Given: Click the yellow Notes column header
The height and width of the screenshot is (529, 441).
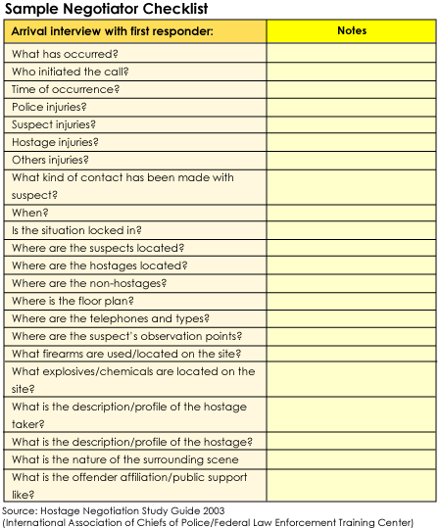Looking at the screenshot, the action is tap(351, 31).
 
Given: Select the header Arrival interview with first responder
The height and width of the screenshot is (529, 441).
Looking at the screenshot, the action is tap(112, 31).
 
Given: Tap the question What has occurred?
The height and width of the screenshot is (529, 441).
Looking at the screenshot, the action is tap(64, 54).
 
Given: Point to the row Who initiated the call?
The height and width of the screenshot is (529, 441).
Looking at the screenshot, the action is tap(70, 72).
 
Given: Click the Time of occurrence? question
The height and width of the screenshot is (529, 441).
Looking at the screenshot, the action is tap(66, 89).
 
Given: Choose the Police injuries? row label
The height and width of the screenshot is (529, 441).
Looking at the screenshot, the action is tap(49, 107).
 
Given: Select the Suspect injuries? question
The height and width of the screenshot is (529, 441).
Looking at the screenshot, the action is tap(53, 124).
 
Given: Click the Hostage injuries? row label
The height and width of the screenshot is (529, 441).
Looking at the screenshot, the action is tap(54, 142).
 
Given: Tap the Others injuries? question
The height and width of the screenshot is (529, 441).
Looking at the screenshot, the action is tap(50, 160).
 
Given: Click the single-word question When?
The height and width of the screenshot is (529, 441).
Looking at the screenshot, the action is tap(29, 213).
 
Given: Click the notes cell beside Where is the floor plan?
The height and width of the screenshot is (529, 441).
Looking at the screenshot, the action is tap(351, 301).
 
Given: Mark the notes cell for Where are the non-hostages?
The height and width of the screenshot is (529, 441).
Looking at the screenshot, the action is tap(351, 283).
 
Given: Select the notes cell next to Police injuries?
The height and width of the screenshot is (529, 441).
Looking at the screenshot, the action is tap(351, 107).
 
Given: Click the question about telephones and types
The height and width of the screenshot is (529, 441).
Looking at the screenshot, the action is tap(110, 318).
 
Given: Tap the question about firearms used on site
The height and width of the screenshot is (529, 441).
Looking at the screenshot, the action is tap(126, 354).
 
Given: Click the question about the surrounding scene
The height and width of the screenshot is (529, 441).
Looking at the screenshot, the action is tap(124, 459).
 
